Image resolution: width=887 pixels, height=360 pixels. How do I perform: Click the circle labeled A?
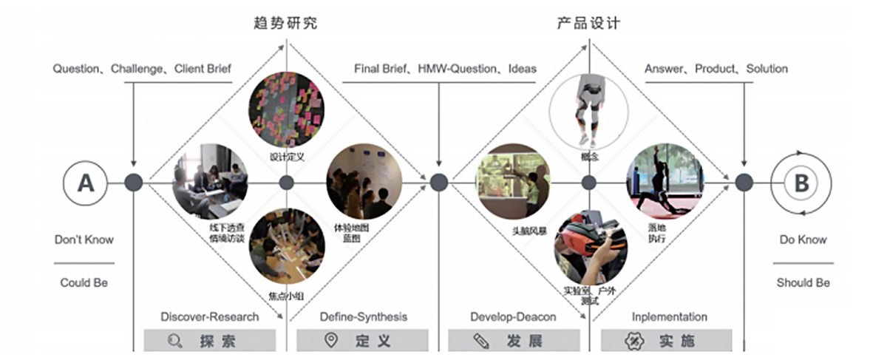[86, 183]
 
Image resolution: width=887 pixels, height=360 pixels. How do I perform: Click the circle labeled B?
[802, 183]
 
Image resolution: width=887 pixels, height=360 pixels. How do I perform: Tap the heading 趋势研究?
[285, 22]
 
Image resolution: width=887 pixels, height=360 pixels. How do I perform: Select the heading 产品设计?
[588, 22]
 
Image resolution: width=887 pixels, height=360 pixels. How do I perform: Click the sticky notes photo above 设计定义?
[286, 109]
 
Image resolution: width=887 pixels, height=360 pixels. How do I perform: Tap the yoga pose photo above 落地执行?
[663, 180]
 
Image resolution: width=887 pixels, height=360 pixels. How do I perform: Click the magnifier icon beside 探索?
[174, 341]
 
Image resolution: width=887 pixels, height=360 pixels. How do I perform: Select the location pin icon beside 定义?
[330, 341]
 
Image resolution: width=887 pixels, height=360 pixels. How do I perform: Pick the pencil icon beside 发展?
[481, 341]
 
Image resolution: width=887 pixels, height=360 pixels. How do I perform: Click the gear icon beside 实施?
[633, 341]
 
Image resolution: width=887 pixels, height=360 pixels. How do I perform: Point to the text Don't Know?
[84, 240]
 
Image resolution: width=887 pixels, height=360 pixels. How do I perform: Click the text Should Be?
[803, 282]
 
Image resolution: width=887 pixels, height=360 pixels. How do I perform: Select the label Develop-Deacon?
[513, 317]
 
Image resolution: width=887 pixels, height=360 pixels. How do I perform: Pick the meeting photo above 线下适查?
[210, 181]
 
